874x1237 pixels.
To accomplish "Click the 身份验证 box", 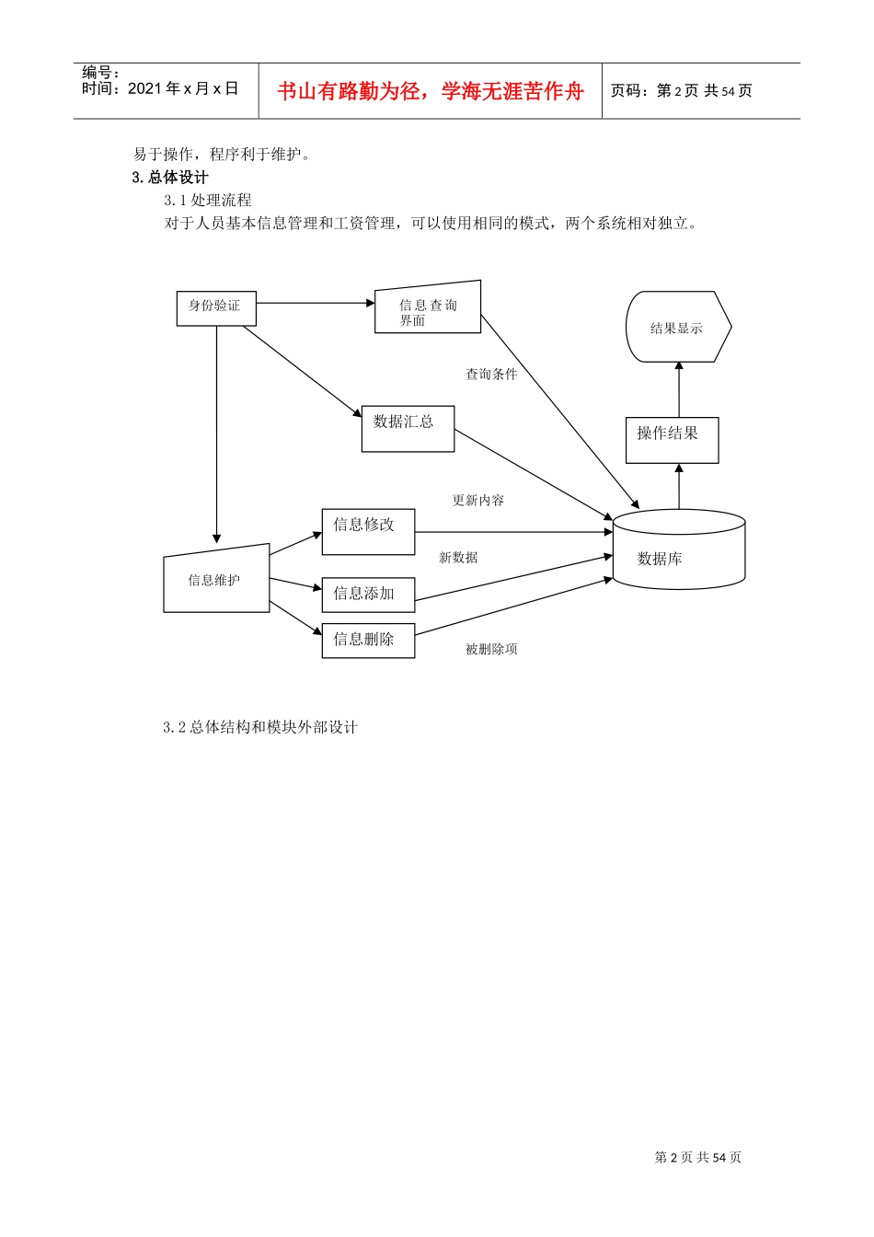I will [216, 308].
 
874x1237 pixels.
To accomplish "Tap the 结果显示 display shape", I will [678, 328].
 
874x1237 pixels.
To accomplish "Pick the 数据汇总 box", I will [408, 429].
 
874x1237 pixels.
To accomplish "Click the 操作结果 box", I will [672, 440].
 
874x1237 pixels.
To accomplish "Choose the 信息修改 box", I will [368, 532].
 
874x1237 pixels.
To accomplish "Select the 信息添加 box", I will [368, 595].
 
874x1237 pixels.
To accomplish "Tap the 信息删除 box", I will [368, 641].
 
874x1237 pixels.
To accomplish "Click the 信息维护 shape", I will [216, 580].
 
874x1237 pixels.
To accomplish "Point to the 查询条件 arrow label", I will [491, 375].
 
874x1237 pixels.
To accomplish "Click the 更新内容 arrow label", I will [478, 501].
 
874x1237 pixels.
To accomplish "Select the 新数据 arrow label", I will [458, 558].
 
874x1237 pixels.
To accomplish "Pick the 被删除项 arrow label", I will [491, 650].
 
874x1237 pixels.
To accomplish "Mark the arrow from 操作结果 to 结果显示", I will [679, 389].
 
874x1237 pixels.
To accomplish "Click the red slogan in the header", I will [431, 91].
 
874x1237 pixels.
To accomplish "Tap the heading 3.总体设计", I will [170, 178].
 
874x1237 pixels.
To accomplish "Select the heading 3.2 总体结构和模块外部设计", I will [260, 727].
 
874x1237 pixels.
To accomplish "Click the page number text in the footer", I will [697, 1158].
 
